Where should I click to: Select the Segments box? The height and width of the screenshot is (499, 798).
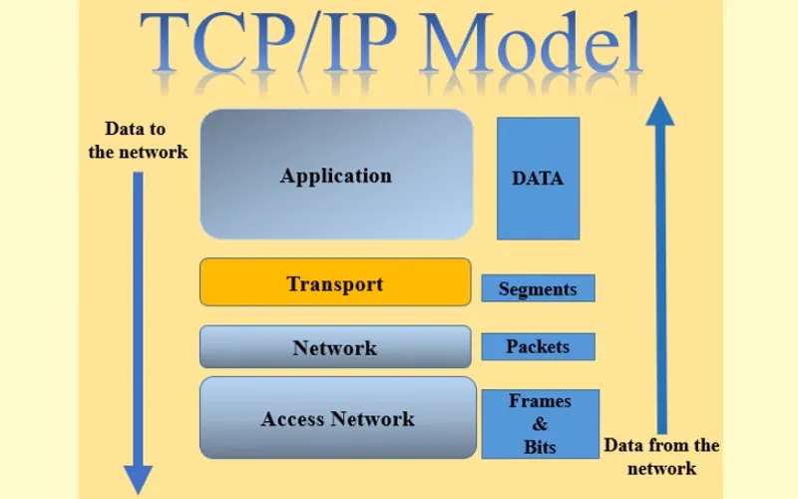click(538, 289)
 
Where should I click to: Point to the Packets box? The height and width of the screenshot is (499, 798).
click(538, 346)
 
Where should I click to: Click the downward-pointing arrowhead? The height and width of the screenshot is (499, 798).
click(138, 480)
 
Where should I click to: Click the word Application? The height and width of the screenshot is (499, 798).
click(336, 177)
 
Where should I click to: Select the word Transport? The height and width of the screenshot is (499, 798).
click(335, 284)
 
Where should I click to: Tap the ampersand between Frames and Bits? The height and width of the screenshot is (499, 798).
click(541, 424)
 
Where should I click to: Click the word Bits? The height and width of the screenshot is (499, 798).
click(541, 447)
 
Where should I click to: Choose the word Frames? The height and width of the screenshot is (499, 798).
click(541, 401)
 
